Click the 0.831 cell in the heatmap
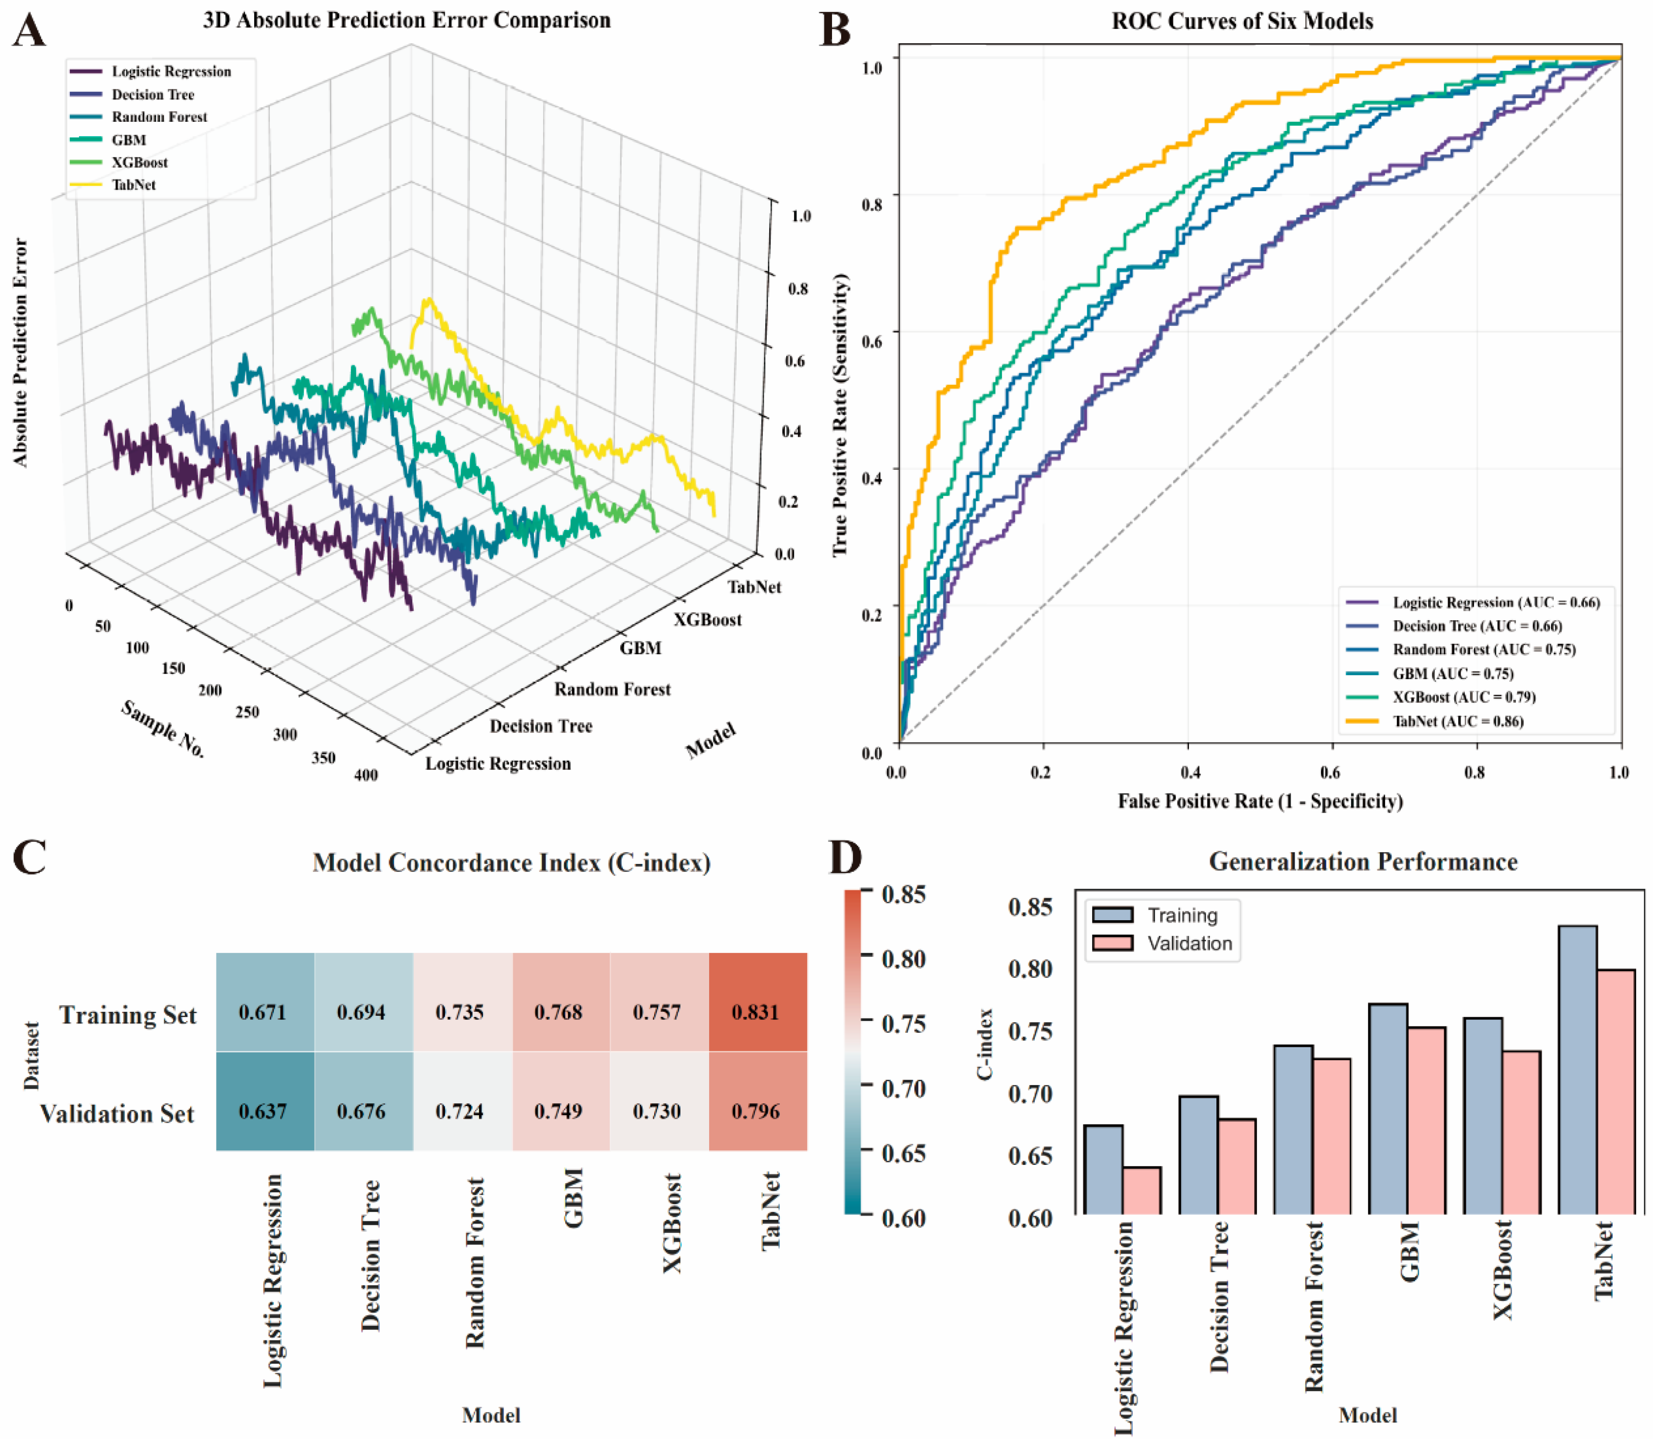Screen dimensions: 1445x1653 coord(756,1012)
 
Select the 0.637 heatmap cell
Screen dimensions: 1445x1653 coord(263,1111)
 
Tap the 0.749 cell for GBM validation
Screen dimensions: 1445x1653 coord(558,1111)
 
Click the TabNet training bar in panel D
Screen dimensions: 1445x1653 coord(1577,1068)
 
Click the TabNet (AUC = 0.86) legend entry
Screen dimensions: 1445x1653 coord(1458,721)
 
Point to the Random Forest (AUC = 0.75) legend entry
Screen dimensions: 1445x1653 coord(1484,649)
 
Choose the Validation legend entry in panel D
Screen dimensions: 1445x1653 coord(1189,943)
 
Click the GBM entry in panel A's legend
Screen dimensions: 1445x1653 coord(129,140)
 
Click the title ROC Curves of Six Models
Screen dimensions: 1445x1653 coord(1242,21)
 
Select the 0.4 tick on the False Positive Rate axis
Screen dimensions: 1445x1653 coord(1190,772)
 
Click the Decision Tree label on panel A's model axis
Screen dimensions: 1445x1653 coord(541,726)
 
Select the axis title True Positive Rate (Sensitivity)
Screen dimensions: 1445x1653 coord(840,414)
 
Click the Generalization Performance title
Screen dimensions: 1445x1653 coord(1363,862)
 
